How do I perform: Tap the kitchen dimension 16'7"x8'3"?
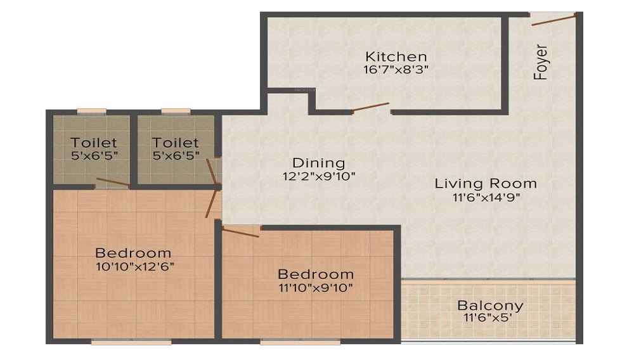pos(396,70)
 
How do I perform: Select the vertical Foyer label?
pos(541,61)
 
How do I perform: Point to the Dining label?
pos(318,163)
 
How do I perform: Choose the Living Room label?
pos(486,184)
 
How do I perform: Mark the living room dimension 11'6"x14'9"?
pos(486,197)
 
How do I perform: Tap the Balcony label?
pos(490,305)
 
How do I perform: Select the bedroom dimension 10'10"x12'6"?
pos(133,266)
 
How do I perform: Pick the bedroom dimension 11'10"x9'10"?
pos(316,288)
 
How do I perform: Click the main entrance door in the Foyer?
pos(553,19)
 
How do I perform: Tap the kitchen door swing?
pos(371,106)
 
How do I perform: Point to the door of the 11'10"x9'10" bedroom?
pos(242,231)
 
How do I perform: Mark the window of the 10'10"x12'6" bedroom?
pos(131,342)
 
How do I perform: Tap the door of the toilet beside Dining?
pos(211,170)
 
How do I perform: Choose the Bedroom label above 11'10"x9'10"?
pos(316,274)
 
